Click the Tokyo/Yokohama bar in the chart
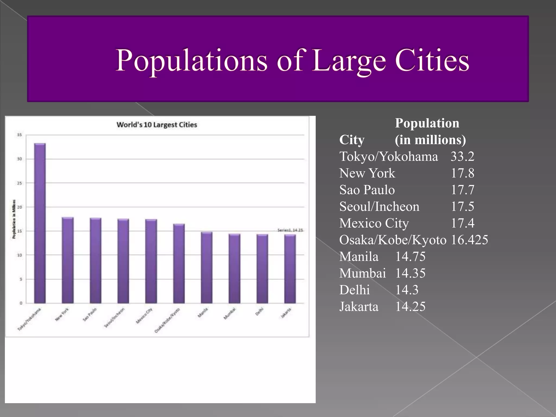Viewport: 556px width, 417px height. tap(40, 223)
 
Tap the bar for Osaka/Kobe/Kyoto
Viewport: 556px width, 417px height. tap(179, 263)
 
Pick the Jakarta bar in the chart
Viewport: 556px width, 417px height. tap(290, 269)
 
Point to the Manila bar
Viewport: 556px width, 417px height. tap(207, 267)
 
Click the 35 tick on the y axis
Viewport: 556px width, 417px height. tap(20, 135)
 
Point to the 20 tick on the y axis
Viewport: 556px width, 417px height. tap(20, 207)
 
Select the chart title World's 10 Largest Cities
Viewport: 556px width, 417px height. tap(157, 125)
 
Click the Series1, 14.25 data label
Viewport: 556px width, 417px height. tap(290, 230)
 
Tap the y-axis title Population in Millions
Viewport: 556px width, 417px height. tap(14, 219)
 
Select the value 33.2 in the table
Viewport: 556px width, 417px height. tap(462, 157)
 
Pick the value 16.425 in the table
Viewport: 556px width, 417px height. tap(469, 240)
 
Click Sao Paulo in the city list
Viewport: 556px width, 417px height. tap(367, 190)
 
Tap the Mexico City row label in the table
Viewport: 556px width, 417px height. tap(374, 223)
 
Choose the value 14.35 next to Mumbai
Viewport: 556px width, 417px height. tap(410, 273)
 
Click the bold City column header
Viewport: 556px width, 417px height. tap(352, 140)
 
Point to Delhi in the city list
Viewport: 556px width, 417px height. tap(355, 290)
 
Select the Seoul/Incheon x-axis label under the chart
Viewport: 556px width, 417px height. tap(115, 318)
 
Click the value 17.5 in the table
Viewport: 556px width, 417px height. tap(462, 207)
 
